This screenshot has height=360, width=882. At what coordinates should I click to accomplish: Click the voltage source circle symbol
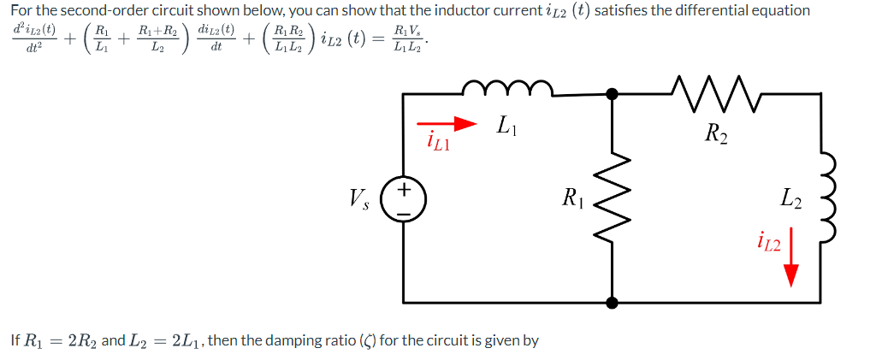pos(404,199)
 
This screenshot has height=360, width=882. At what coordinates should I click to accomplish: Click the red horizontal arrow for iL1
pos(446,124)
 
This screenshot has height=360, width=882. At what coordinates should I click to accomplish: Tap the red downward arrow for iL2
pos(790,257)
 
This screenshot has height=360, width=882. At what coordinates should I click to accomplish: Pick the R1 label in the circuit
pos(572,202)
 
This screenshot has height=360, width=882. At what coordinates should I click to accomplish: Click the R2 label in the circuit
pos(715,133)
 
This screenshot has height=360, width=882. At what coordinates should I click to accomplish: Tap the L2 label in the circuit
pos(791,202)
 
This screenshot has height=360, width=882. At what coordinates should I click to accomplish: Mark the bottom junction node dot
pos(613,302)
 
